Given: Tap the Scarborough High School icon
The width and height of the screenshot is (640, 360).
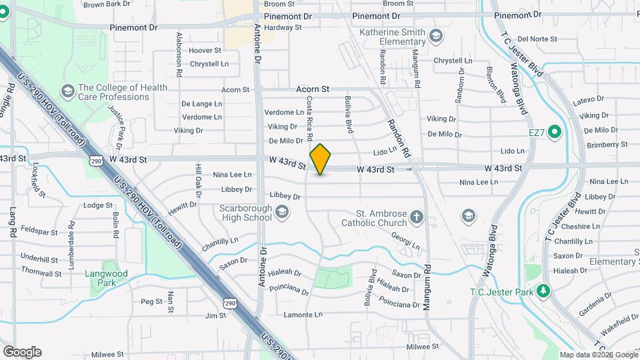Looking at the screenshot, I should [x=282, y=212].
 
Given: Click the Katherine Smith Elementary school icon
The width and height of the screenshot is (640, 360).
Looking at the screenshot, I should [x=436, y=35].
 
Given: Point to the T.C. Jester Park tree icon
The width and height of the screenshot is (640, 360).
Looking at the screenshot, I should [x=544, y=291].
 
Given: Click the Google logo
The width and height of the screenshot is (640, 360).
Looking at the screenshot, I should [x=22, y=351].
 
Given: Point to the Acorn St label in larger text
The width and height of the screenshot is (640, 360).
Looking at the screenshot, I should [x=313, y=89].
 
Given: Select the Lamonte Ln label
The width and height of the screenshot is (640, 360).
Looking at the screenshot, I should [x=303, y=315].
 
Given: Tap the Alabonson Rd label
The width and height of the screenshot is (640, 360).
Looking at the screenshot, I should [x=179, y=55].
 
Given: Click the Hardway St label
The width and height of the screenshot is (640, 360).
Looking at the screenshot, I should [x=283, y=27].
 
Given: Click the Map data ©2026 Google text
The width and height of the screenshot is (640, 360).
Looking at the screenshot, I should [x=598, y=355].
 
